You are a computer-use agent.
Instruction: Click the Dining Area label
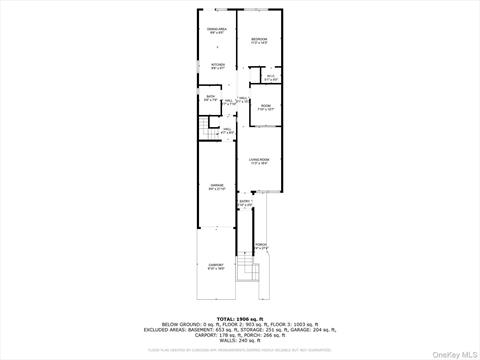coord(216,30)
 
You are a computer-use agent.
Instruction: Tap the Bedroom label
coord(259,40)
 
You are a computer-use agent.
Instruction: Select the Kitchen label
coord(217,67)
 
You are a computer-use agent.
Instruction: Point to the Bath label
coord(210,98)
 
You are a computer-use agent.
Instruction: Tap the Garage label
coord(216,187)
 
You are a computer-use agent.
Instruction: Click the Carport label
coord(216,267)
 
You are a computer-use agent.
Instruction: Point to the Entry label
coord(245,203)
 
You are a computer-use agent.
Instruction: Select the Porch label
coord(260,246)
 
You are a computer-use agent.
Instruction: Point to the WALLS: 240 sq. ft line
coord(240,341)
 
